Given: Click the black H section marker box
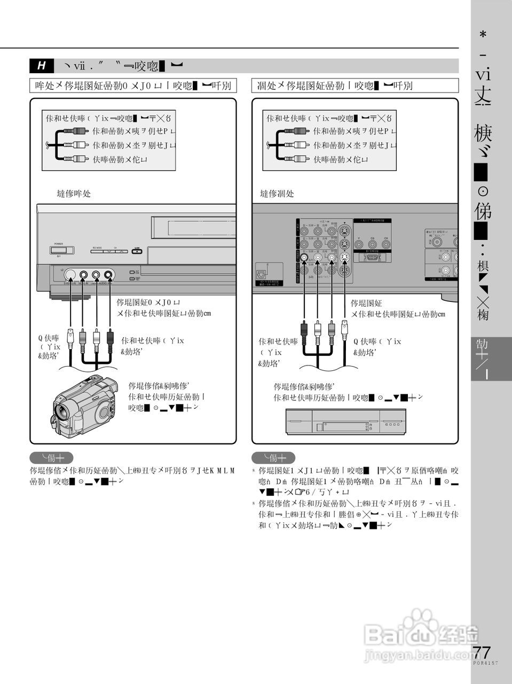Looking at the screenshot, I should pos(41,66).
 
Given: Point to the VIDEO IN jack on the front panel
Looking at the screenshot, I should pos(84,276).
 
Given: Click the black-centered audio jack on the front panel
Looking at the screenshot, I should pos(109,276).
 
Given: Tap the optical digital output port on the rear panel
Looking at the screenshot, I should pos(263,273).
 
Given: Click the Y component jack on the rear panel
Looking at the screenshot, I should pos(359,245).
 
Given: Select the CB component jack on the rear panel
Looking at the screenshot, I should pos(372,245).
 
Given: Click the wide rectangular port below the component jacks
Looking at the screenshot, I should pos(372,258).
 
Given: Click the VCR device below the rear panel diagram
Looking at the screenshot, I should pos(345,423).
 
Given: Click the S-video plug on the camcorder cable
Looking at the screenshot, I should pos(70,336).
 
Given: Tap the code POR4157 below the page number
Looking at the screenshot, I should pos(485,663).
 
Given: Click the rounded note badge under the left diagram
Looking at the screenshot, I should pos(51,458).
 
